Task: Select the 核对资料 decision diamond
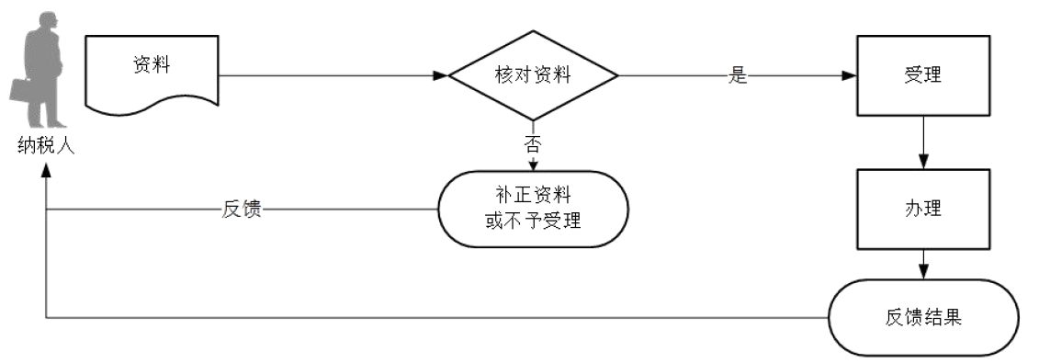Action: [533, 75]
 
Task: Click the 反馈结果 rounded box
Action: [923, 318]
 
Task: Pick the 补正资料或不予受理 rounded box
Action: [533, 209]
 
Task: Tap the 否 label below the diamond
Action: [533, 143]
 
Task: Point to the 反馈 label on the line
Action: [243, 209]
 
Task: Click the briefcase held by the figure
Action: [20, 90]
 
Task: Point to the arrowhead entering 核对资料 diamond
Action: [440, 76]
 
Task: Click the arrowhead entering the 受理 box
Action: [851, 76]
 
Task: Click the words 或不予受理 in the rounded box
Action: [533, 221]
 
